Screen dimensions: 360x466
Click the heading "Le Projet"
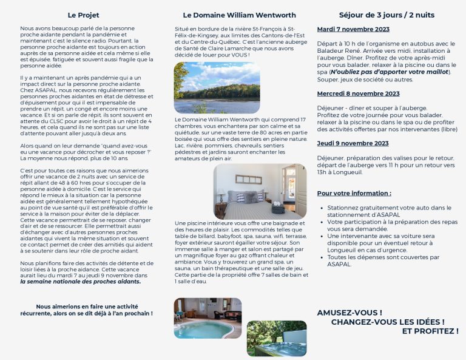pyautogui.click(x=83, y=15)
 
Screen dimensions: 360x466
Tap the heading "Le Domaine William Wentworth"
pyautogui.click(x=239, y=15)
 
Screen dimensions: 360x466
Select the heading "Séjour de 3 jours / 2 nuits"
pyautogui.click(x=387, y=15)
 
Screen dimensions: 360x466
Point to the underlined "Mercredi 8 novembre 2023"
pyautogui.click(x=358, y=93)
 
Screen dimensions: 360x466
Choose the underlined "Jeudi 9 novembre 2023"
pyautogui.click(x=353, y=143)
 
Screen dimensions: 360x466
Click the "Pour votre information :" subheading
pyautogui.click(x=354, y=193)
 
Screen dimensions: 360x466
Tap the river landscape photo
pyautogui.click(x=217, y=87)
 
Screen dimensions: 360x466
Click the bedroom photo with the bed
pyautogui.click(x=260, y=191)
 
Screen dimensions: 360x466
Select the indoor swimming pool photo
pyautogui.click(x=208, y=318)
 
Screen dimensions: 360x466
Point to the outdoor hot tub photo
pyautogui.click(x=277, y=338)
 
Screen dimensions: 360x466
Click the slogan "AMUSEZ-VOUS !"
pyautogui.click(x=349, y=313)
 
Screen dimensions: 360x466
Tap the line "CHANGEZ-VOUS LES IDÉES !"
pyautogui.click(x=388, y=322)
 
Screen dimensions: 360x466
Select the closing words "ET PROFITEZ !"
pyautogui.click(x=430, y=331)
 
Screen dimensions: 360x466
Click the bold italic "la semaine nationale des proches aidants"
pyautogui.click(x=80, y=281)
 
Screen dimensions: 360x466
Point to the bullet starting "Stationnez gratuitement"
pyautogui.click(x=388, y=211)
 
